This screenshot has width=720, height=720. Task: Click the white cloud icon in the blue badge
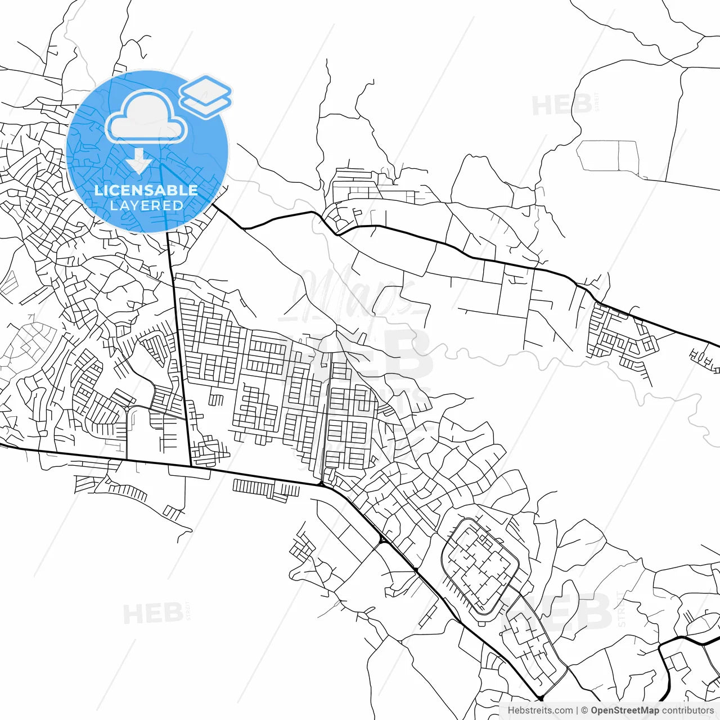point(146,118)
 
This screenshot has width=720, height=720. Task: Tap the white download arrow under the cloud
point(138,162)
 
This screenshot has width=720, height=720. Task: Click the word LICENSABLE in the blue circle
point(146,190)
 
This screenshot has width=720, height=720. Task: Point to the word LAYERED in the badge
point(146,206)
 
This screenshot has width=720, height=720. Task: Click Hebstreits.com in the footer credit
point(540,710)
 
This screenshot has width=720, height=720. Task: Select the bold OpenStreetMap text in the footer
point(624,710)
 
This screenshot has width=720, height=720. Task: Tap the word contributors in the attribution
point(687,710)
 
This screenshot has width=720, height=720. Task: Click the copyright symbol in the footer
point(584,710)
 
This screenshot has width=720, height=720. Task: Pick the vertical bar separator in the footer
point(577,710)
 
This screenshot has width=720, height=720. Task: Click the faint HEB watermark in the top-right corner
point(562,105)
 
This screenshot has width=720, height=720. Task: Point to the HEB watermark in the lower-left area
point(153,613)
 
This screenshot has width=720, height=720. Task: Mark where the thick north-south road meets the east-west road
point(190,466)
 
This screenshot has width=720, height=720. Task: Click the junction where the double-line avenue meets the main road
point(321,484)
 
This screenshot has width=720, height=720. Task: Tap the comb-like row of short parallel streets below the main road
point(264,488)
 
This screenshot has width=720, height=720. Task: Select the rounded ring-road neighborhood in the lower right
point(481,565)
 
